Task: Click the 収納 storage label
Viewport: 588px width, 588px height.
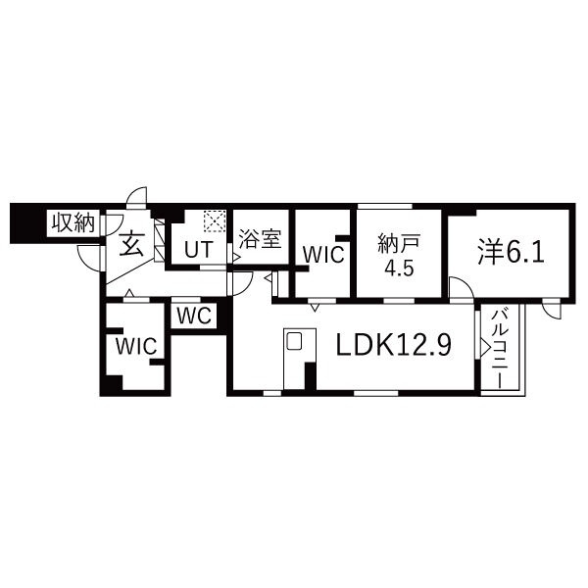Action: pyautogui.click(x=73, y=222)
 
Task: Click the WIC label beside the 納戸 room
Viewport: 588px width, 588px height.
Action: pyautogui.click(x=321, y=254)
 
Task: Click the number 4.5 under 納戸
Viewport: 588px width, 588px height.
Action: pyautogui.click(x=398, y=269)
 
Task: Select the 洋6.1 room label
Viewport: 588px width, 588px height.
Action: pyautogui.click(x=510, y=252)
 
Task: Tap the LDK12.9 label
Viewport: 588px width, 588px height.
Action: pyautogui.click(x=394, y=345)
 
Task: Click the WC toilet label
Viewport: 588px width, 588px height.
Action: pyautogui.click(x=197, y=316)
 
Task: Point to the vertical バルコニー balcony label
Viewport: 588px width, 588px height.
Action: pyautogui.click(x=499, y=348)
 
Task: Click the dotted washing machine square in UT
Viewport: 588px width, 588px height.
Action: pyautogui.click(x=214, y=221)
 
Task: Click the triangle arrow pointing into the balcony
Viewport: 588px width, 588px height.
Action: pyautogui.click(x=484, y=347)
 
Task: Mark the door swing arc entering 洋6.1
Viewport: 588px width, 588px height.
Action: pyautogui.click(x=460, y=287)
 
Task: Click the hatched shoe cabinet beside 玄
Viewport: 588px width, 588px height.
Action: pyautogui.click(x=159, y=245)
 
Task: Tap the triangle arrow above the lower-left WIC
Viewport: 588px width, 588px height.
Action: pyautogui.click(x=128, y=294)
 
